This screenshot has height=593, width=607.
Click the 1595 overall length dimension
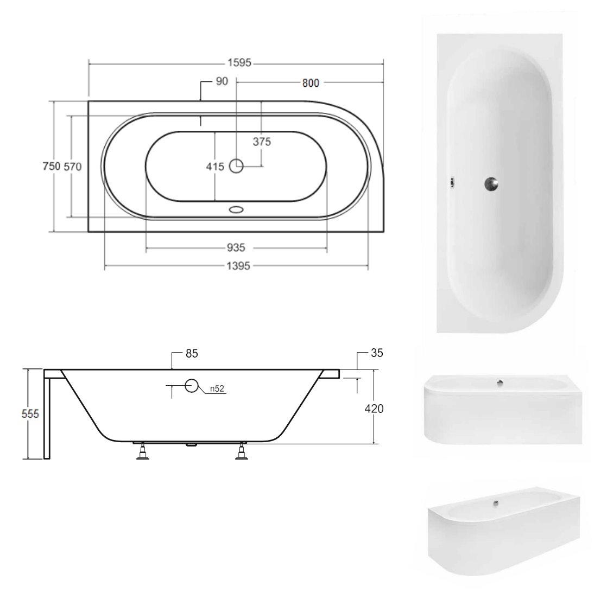pyautogui.click(x=239, y=63)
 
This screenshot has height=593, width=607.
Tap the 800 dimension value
pyautogui.click(x=311, y=83)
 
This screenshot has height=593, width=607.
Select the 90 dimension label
pyautogui.click(x=222, y=81)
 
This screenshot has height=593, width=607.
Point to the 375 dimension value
pyautogui.click(x=262, y=142)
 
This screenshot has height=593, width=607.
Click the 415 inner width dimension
pyautogui.click(x=215, y=167)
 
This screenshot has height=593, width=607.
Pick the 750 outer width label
pyautogui.click(x=52, y=167)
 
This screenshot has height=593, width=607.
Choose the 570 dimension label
pyautogui.click(x=73, y=167)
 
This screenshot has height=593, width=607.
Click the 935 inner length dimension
pyautogui.click(x=236, y=247)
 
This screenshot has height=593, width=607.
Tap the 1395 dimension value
pyautogui.click(x=238, y=266)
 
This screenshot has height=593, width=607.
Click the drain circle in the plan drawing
pyautogui.click(x=236, y=167)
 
